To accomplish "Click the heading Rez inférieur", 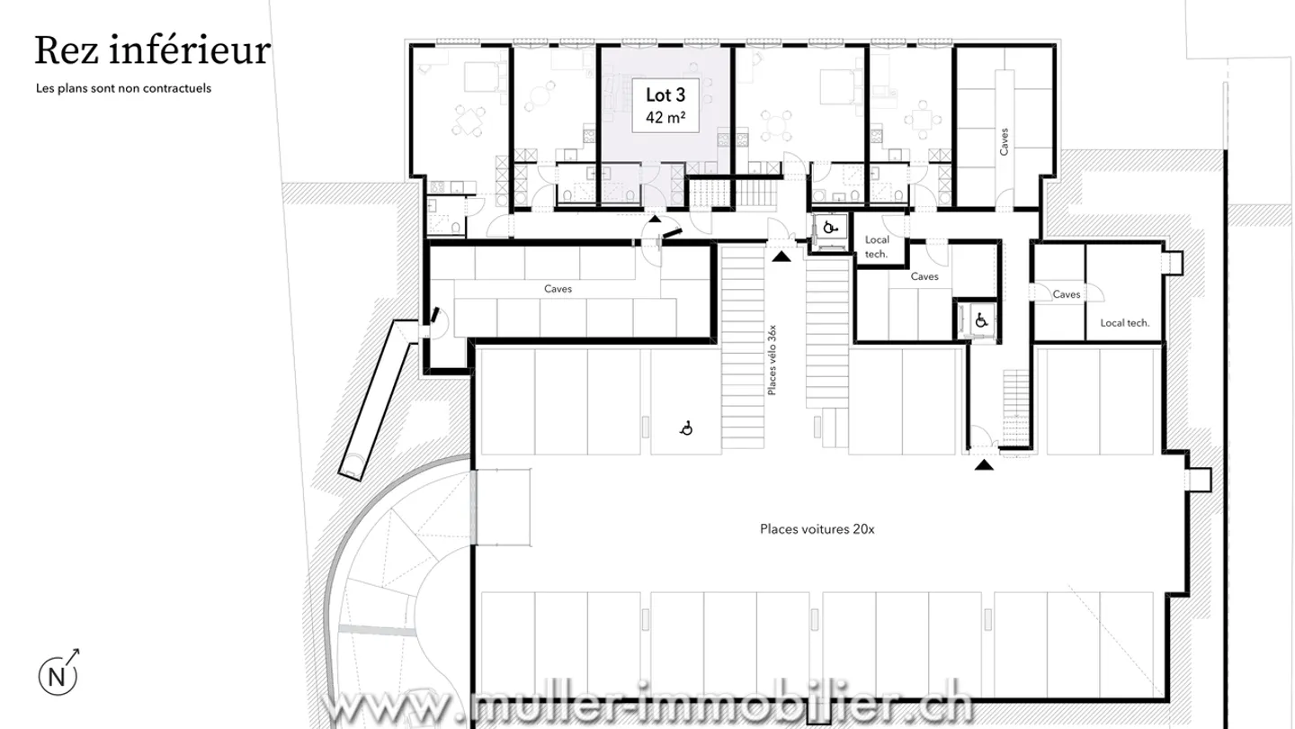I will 152,51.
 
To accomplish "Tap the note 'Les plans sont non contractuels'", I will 123,89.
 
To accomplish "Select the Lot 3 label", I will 665,95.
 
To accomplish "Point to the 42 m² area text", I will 665,117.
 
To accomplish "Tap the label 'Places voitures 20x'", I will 817,529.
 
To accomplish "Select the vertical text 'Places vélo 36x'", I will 772,360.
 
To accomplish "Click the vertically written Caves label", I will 1005,141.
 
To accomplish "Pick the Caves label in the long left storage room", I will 558,289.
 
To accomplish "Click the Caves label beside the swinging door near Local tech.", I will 1066,294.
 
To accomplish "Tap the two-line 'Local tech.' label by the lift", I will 876,247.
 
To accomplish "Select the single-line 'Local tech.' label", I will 1125,322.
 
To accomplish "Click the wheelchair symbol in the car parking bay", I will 686,428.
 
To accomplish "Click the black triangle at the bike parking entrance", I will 781,256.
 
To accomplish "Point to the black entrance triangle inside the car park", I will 985,464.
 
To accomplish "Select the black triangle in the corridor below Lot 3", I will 655,220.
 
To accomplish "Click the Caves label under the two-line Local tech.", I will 924,276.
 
